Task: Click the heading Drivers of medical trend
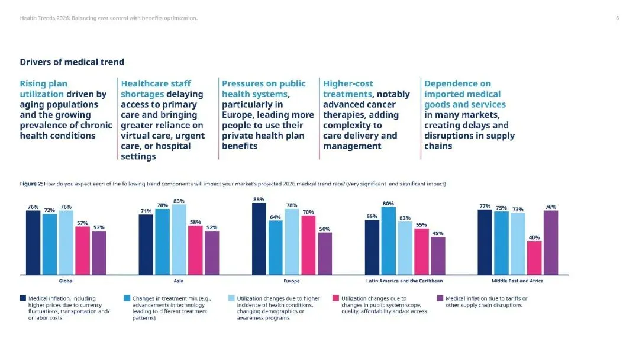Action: [72, 62]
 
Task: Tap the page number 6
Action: [617, 18]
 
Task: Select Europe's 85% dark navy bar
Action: [259, 239]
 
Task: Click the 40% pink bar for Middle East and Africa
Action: [534, 258]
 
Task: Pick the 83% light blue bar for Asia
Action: [179, 240]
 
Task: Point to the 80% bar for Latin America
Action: [388, 241]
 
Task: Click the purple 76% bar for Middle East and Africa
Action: [551, 243]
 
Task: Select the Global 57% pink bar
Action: [82, 250]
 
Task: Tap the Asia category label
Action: [179, 281]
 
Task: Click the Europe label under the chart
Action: [292, 281]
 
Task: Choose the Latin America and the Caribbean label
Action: [405, 281]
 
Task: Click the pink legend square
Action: [335, 298]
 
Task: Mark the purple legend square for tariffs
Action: [440, 298]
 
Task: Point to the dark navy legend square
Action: [23, 298]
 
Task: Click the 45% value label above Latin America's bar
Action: [438, 233]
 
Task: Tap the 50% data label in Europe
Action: [325, 229]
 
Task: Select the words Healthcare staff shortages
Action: [156, 89]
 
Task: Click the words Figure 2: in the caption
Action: [31, 184]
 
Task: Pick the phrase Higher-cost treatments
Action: [348, 89]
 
